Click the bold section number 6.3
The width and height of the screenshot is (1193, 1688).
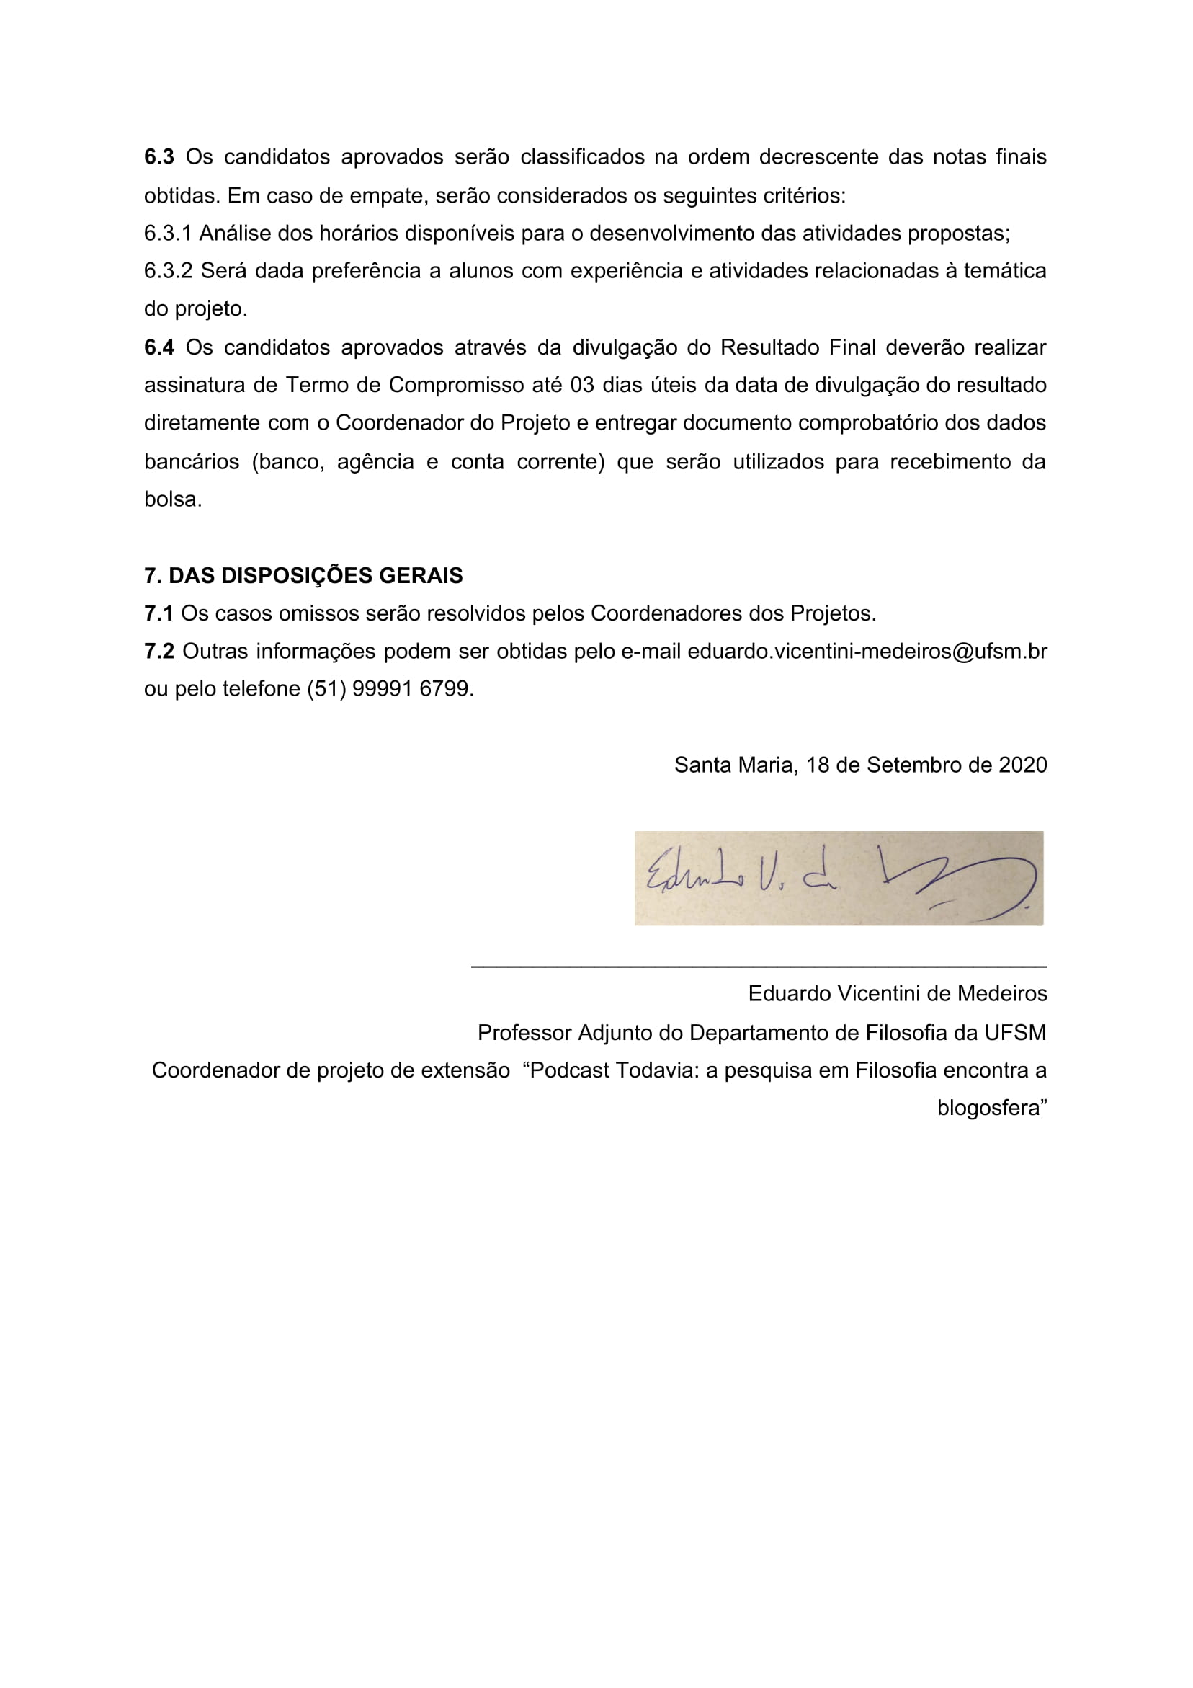[158, 157]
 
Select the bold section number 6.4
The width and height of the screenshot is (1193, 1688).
[158, 347]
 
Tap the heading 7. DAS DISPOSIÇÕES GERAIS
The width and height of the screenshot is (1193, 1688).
[303, 576]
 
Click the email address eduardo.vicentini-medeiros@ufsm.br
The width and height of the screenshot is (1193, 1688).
[867, 652]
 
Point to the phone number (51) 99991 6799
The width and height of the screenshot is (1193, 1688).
[388, 689]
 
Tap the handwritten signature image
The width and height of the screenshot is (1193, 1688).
[838, 879]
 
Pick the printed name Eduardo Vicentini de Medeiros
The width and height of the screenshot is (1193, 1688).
[897, 994]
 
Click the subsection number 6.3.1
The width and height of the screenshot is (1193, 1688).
[168, 234]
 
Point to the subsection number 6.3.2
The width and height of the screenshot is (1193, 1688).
[168, 271]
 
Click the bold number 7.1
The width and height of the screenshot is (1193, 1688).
[158, 614]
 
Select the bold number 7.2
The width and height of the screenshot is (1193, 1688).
[158, 652]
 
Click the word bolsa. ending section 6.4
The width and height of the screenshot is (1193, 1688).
[173, 500]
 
